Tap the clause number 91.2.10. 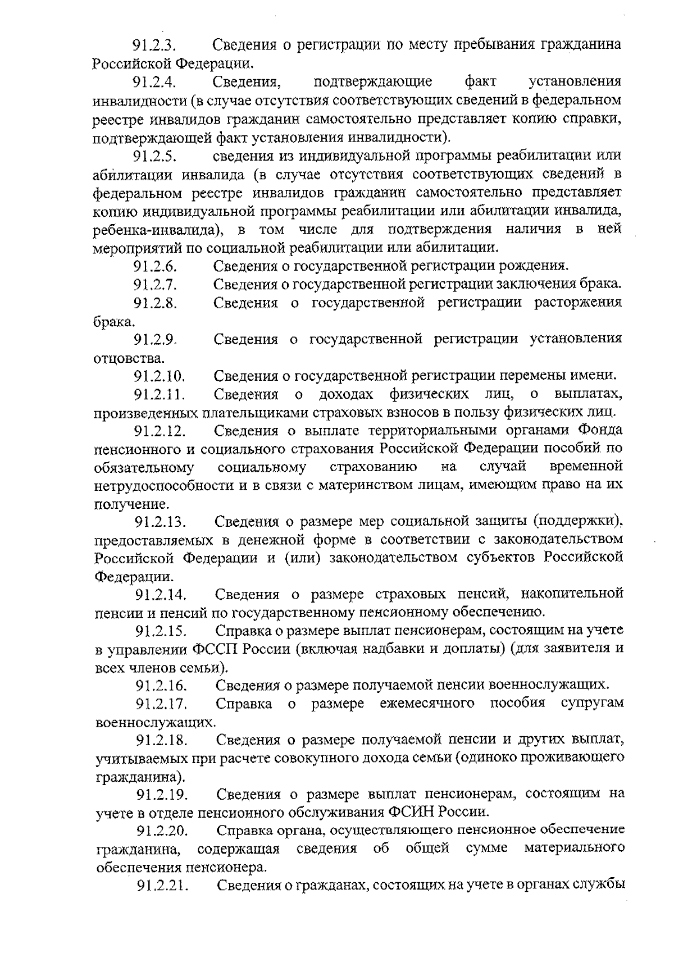pyautogui.click(x=159, y=376)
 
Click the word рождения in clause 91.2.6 pyautogui.click(x=537, y=266)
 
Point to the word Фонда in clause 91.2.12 pyautogui.click(x=600, y=430)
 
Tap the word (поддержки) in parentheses pyautogui.click(x=578, y=522)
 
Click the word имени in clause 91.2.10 pyautogui.click(x=599, y=376)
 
